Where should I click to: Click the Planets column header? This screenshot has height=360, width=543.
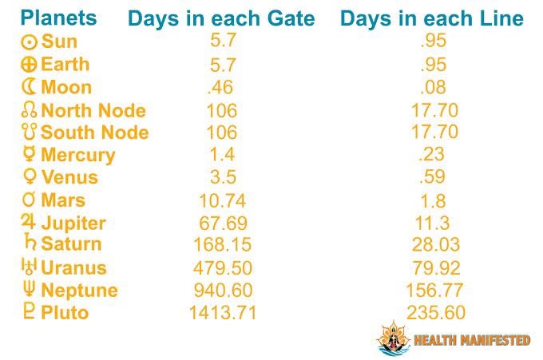pyautogui.click(x=58, y=18)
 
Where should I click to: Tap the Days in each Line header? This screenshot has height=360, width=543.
pyautogui.click(x=431, y=19)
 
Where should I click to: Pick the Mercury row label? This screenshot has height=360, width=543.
pyautogui.click(x=77, y=155)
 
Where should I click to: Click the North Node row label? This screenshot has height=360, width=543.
pyautogui.click(x=93, y=110)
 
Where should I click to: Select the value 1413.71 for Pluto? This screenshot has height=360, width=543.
pyautogui.click(x=223, y=313)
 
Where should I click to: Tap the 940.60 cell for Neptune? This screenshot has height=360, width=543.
pyautogui.click(x=223, y=291)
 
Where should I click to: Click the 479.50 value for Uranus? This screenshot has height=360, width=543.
pyautogui.click(x=223, y=268)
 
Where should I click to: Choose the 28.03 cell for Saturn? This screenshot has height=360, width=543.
pyautogui.click(x=435, y=245)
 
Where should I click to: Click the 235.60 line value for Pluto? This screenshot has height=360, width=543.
pyautogui.click(x=435, y=313)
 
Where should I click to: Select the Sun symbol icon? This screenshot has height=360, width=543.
pyautogui.click(x=29, y=42)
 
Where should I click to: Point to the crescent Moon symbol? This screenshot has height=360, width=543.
pyautogui.click(x=29, y=87)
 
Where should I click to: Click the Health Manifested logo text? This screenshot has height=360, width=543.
pyautogui.click(x=471, y=341)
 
